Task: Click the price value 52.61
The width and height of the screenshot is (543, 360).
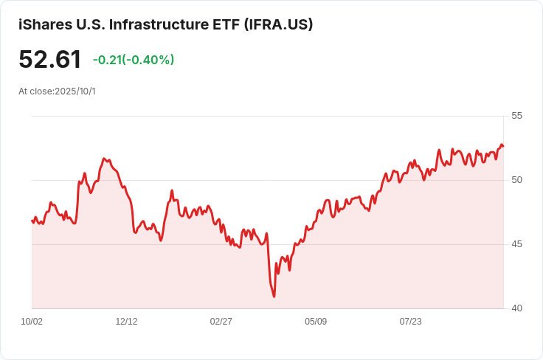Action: tap(50, 60)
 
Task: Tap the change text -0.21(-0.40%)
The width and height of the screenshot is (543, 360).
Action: tap(134, 60)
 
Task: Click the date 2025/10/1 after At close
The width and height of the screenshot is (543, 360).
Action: tap(75, 91)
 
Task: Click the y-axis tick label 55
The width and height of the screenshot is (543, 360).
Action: tap(516, 116)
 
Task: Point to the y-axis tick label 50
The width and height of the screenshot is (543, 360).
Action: tap(516, 180)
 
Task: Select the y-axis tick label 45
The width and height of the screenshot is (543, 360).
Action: tap(516, 244)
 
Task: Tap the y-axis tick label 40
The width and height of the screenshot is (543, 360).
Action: tap(516, 308)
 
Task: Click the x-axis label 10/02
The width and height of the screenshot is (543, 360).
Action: tap(32, 322)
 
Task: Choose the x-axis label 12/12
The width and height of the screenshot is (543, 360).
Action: tap(126, 322)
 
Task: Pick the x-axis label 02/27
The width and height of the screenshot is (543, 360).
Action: tap(221, 322)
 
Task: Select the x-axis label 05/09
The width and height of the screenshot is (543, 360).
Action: tap(316, 322)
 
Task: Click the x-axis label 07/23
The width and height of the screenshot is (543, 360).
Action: tap(410, 322)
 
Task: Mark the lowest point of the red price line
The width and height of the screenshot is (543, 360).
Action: tap(274, 297)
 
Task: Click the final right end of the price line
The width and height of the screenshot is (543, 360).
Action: tap(503, 146)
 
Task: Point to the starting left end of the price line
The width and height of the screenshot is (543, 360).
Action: tap(32, 220)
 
